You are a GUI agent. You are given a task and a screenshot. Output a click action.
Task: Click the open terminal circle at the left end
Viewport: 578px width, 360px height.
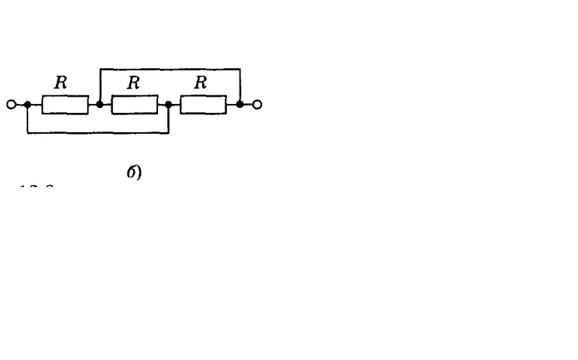(x=11, y=105)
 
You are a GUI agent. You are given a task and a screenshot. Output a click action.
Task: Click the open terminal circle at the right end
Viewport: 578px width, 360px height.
(x=257, y=105)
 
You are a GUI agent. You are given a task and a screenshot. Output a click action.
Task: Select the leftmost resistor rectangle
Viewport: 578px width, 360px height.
(x=65, y=105)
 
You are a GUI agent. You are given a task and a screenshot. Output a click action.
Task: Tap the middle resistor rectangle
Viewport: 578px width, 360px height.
(x=134, y=105)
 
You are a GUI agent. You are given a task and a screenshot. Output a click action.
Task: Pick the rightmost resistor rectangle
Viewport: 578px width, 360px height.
(x=203, y=105)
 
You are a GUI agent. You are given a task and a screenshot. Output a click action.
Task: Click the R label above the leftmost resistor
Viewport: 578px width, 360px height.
(x=60, y=83)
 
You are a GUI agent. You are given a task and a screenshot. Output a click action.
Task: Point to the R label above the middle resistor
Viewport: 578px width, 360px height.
(x=132, y=83)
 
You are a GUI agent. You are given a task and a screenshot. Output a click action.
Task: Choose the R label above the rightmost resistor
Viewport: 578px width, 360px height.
(x=200, y=83)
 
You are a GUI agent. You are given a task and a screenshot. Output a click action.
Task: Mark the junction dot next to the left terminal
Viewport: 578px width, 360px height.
(x=27, y=105)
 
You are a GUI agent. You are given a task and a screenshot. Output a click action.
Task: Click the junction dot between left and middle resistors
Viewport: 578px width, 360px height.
(x=100, y=105)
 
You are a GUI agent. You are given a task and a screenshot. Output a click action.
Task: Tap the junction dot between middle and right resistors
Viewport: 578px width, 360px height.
(x=169, y=105)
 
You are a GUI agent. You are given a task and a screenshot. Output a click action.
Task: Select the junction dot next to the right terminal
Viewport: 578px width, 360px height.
(x=240, y=105)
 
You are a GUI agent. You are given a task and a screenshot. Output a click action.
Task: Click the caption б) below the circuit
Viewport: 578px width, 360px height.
(x=134, y=173)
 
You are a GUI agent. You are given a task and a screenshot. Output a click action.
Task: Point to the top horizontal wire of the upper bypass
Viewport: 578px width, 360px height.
(x=170, y=69)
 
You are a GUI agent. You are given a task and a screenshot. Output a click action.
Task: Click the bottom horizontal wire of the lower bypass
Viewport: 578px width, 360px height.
(x=98, y=133)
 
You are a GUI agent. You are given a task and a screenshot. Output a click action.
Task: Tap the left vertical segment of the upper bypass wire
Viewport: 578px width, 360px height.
(x=100, y=86)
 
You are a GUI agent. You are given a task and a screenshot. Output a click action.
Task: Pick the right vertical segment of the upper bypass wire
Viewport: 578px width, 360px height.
(x=240, y=86)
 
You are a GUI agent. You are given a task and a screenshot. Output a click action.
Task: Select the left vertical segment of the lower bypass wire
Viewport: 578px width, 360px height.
(x=27, y=119)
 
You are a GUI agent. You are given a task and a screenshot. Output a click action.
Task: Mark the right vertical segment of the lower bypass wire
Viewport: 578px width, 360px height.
(x=169, y=119)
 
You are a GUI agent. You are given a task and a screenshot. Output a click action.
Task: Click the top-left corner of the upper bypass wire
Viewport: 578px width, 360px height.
(x=100, y=69)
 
